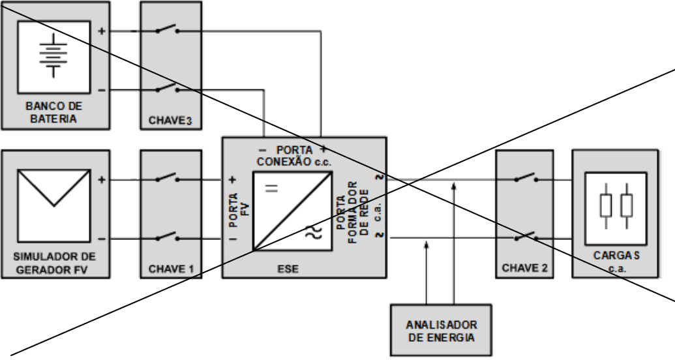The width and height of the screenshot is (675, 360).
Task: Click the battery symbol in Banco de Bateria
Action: [53, 55]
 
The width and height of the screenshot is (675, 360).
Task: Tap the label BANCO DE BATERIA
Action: [54, 112]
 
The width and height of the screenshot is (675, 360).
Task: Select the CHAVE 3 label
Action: [170, 121]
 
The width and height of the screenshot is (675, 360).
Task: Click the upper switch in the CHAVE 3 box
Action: [167, 29]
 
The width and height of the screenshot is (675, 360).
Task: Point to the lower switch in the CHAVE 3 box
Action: [167, 88]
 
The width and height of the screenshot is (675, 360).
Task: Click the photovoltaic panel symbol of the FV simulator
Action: [54, 206]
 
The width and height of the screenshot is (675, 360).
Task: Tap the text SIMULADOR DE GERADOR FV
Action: [54, 263]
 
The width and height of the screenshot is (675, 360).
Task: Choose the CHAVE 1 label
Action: [171, 269]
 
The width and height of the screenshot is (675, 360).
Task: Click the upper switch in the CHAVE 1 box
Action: [167, 177]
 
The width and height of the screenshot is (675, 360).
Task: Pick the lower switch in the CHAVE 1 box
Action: [167, 236]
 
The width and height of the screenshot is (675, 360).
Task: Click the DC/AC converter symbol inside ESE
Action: [293, 211]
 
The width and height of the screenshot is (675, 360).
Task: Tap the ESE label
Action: [288, 269]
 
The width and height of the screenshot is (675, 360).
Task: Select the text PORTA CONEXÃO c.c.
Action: [293, 156]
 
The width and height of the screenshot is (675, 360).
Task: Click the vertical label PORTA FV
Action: [239, 210]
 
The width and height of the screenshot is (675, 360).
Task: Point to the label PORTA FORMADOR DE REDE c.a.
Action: [358, 212]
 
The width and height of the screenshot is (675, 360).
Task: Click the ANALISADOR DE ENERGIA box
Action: [441, 330]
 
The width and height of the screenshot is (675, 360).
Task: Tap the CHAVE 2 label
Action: [525, 268]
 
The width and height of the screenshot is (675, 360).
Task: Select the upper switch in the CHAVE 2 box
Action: [526, 177]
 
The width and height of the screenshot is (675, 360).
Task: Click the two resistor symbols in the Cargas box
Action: [616, 206]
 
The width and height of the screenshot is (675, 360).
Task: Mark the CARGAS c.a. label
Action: [616, 262]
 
